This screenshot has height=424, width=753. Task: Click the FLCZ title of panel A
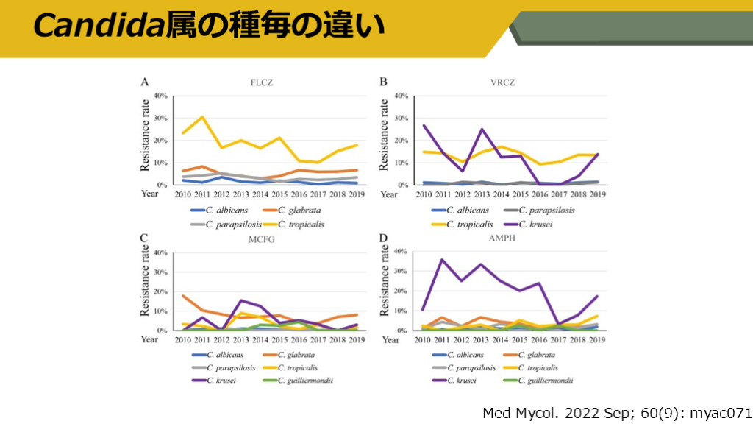click(x=261, y=82)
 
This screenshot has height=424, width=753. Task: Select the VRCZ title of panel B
click(x=502, y=82)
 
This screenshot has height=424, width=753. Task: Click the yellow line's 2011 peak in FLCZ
click(x=202, y=117)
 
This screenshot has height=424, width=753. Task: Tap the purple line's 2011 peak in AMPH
click(x=441, y=259)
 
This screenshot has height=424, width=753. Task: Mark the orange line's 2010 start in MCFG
click(x=183, y=295)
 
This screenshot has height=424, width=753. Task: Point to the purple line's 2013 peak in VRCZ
click(x=481, y=130)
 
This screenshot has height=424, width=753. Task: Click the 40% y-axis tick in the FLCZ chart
click(x=160, y=96)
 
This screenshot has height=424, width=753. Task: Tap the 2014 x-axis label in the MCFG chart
click(x=260, y=340)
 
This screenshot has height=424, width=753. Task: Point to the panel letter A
click(x=145, y=82)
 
